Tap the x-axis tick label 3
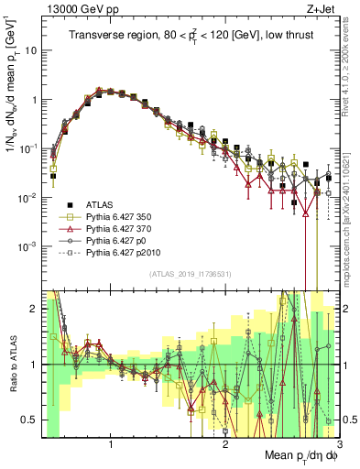tap(339, 444)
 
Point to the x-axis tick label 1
tap(111, 444)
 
